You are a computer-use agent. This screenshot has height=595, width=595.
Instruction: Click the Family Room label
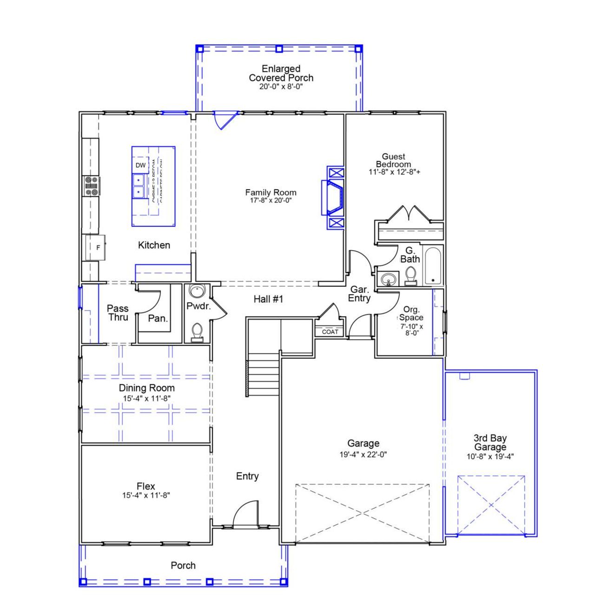pyautogui.click(x=271, y=192)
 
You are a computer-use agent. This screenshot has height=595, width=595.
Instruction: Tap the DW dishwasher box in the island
pyautogui.click(x=140, y=165)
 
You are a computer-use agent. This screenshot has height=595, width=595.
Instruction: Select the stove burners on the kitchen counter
pyautogui.click(x=91, y=185)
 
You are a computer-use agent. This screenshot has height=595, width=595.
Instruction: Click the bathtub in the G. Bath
pyautogui.click(x=433, y=265)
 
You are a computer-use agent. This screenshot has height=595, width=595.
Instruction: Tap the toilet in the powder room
pyautogui.click(x=197, y=331)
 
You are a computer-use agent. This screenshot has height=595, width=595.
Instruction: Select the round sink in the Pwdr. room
pyautogui.click(x=197, y=292)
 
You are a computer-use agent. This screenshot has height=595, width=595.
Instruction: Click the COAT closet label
pyautogui.click(x=330, y=332)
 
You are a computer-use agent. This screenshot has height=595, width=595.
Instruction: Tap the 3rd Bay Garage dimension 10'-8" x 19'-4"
pyautogui.click(x=490, y=457)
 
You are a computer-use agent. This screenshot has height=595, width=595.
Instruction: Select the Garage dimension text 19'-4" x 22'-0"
pyautogui.click(x=363, y=455)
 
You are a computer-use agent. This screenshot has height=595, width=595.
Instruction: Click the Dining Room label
pyautogui.click(x=147, y=388)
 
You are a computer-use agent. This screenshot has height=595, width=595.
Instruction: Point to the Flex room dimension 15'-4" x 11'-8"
pyautogui.click(x=146, y=496)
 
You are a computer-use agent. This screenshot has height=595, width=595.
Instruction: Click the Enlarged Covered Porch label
pyautogui.click(x=281, y=73)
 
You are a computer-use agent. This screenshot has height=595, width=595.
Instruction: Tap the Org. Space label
pyautogui.click(x=411, y=313)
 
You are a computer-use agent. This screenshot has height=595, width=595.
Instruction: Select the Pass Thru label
pyautogui.click(x=118, y=312)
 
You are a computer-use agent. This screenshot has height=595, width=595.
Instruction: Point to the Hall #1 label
pyautogui.click(x=268, y=299)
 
